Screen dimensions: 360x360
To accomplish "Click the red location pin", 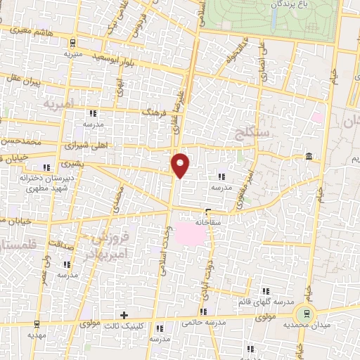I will [x=181, y=165].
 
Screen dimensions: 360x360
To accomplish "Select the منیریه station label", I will [x=73, y=53].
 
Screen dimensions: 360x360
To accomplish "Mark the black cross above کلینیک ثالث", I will [x=124, y=315].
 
